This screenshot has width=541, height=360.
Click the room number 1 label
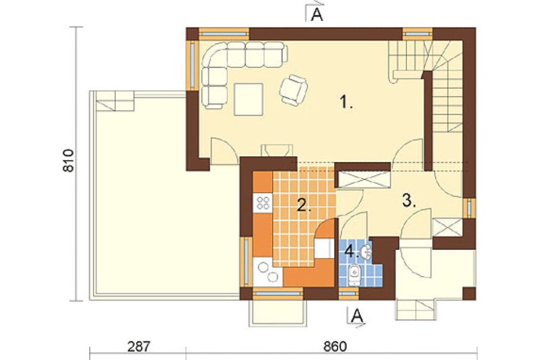coord(346,102)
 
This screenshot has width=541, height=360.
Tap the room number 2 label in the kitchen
coord(304,205)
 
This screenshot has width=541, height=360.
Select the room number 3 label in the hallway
coord(409,201)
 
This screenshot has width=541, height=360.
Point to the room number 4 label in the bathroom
coord(351,251)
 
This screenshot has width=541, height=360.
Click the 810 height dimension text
coord(68,161)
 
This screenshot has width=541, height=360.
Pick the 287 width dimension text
coord(138,346)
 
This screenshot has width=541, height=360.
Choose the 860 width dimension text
coord(335,346)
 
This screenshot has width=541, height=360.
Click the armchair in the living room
coord(293,90)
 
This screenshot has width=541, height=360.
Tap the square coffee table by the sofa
coord(248,99)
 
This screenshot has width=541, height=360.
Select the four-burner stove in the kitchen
coord(263,203)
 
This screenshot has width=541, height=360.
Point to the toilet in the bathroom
coord(354,275)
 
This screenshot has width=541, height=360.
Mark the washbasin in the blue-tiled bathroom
coord(366,252)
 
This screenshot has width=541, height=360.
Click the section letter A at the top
coord(316,15)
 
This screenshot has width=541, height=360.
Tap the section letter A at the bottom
coord(357,315)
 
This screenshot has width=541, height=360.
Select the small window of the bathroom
coord(348,294)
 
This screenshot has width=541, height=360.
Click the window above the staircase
coord(418,34)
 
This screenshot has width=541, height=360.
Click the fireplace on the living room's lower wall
coord(276,151)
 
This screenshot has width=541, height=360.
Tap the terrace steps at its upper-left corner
coord(115,101)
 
